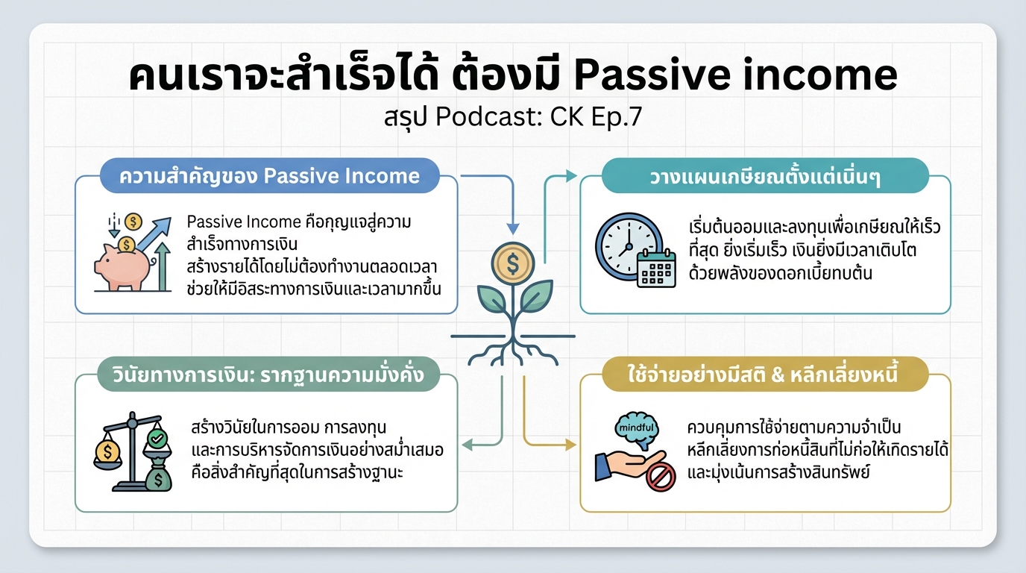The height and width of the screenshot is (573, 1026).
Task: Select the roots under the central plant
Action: (x=513, y=349)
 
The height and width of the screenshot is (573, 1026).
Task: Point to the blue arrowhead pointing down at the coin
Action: (x=513, y=228)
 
